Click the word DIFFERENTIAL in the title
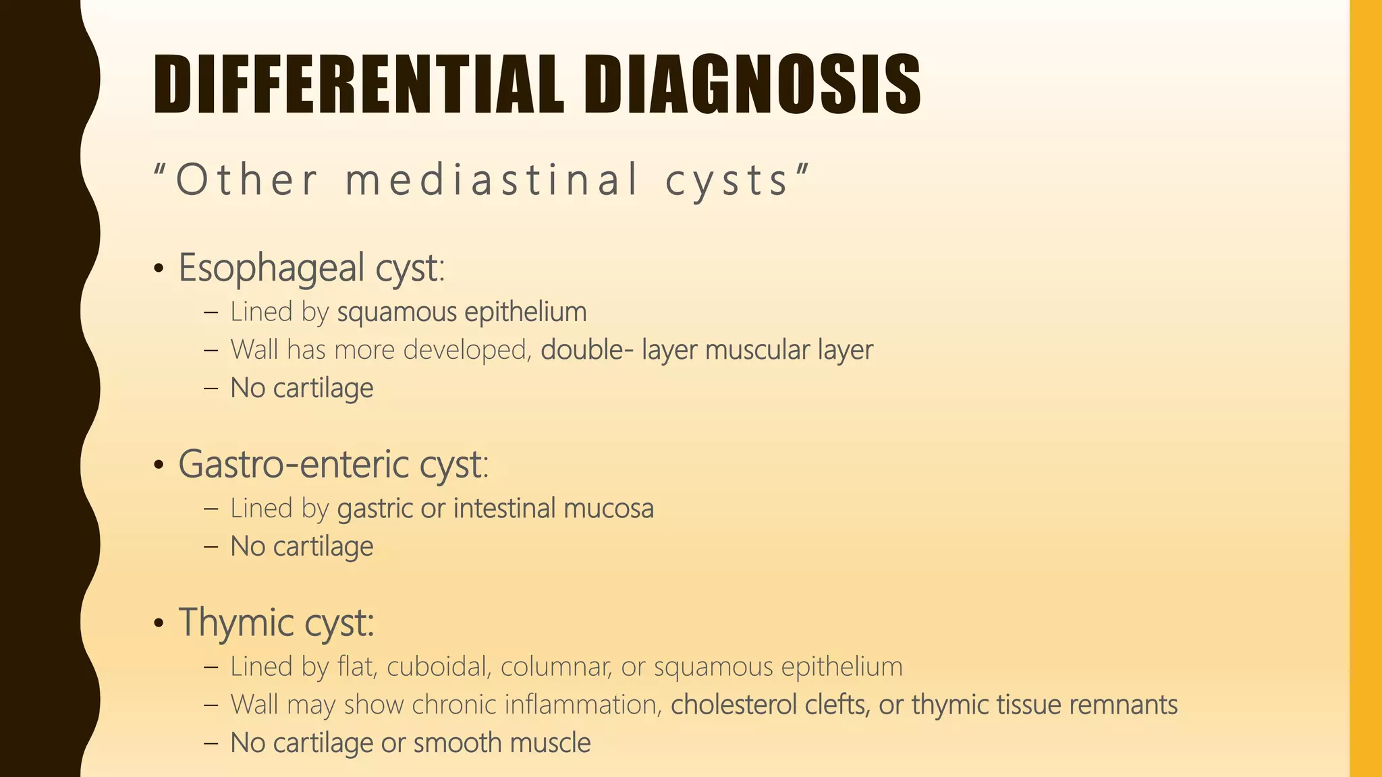[358, 84]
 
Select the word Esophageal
[271, 268]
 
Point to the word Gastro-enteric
[293, 465]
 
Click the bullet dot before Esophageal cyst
[159, 270]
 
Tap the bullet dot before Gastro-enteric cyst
[159, 466]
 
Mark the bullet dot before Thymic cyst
[159, 624]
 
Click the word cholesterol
[734, 705]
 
